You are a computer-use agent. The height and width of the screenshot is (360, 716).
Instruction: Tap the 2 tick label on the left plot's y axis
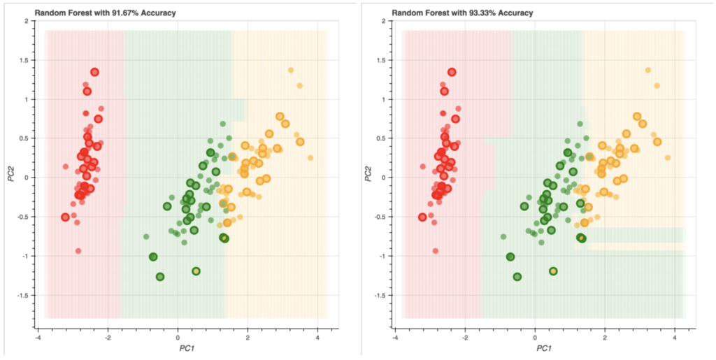click(26, 21)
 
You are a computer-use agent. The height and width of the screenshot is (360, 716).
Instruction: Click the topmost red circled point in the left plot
click(94, 72)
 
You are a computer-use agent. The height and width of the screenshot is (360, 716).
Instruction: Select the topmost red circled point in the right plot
click(452, 72)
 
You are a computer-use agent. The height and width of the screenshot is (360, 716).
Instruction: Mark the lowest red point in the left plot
click(78, 250)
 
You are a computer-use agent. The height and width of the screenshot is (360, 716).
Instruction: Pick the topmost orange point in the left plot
click(291, 70)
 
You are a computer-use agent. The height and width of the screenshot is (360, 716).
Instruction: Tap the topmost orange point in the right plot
click(648, 70)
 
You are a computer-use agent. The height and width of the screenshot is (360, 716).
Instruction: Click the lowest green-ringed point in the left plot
click(160, 277)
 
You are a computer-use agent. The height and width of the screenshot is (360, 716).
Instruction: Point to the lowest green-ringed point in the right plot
click(517, 277)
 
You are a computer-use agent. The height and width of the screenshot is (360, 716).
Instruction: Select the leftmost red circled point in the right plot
click(422, 217)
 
